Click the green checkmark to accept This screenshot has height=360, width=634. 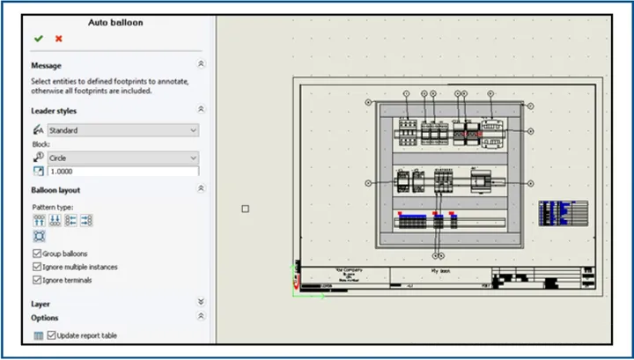[x=38, y=39]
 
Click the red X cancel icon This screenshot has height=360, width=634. [x=59, y=39]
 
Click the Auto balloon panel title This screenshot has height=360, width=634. [x=115, y=22]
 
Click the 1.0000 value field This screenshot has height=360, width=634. [x=122, y=172]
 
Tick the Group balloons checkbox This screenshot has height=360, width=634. [x=36, y=253]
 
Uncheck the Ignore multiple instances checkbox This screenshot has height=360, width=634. [x=36, y=267]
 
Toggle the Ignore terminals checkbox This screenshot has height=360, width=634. [x=36, y=280]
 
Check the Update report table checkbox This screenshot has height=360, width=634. [x=51, y=335]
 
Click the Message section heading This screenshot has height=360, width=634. [x=47, y=65]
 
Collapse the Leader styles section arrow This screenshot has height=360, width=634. [x=201, y=110]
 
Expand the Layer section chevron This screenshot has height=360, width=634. [x=201, y=302]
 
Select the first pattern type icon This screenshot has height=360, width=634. [x=39, y=220]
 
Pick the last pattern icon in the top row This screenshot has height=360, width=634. [x=86, y=220]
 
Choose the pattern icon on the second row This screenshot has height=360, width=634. [x=39, y=236]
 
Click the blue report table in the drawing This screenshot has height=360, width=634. [x=563, y=213]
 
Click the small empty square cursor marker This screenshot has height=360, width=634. [x=245, y=209]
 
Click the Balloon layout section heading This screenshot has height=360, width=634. [x=55, y=190]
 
